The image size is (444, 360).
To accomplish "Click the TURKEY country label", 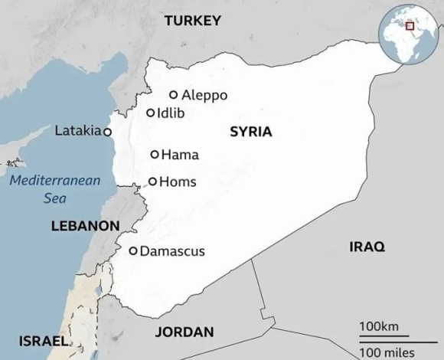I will point(192,21).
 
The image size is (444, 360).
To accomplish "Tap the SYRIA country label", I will point(250,132).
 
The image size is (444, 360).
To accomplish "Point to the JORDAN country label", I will point(184,332).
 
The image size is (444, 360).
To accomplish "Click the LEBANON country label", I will point(85,226).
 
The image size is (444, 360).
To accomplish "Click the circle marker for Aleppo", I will point(174,95).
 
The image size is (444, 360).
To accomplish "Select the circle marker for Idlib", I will point(151,113).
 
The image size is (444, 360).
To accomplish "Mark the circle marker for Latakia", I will point(107,132).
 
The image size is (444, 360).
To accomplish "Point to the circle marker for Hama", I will point(155,155).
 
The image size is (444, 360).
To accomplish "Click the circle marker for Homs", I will point(152,182).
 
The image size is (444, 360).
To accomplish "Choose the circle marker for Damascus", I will point(133,250).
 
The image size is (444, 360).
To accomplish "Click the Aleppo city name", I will point(204,95).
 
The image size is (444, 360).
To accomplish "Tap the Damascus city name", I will point(172,250).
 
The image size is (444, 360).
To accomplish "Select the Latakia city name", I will point(77,131).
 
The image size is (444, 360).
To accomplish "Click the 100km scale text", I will point(379,327).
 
